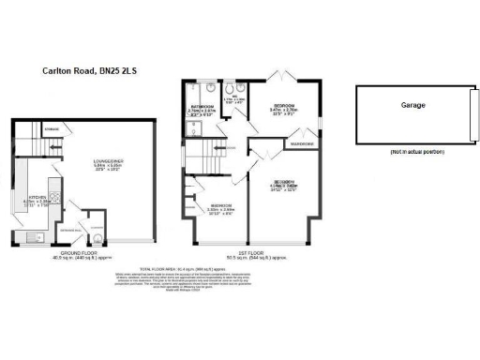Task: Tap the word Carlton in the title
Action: pyautogui.click(x=58, y=69)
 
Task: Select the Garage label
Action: pyautogui.click(x=412, y=106)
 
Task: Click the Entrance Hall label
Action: pyautogui.click(x=67, y=227)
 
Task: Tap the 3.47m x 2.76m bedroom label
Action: pyautogui.click(x=285, y=108)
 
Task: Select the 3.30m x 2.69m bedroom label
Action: pyautogui.click(x=222, y=207)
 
